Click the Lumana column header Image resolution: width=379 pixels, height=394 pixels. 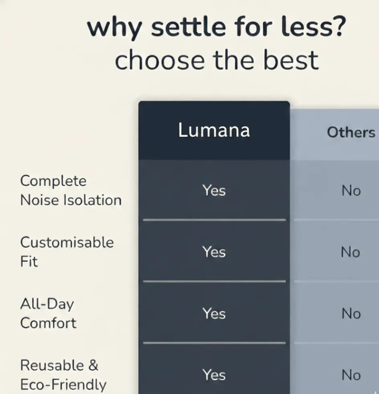coord(214,130)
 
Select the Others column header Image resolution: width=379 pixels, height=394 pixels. coord(351,132)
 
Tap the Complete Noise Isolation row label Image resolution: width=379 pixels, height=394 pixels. coord(71,190)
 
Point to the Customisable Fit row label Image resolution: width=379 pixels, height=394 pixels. coord(67,252)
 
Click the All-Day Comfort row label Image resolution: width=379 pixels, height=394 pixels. coord(48,313)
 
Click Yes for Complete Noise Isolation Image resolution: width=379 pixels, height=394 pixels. coord(214,191)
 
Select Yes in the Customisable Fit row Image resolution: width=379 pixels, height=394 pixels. coord(214,252)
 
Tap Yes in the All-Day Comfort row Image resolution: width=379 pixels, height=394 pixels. coord(214,313)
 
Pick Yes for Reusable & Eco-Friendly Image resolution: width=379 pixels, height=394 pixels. coord(214,375)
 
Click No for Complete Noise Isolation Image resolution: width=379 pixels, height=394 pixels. coord(351,191)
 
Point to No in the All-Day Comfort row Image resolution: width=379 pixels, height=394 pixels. coord(351,314)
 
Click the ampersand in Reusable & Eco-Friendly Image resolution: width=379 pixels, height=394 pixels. coord(93,366)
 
